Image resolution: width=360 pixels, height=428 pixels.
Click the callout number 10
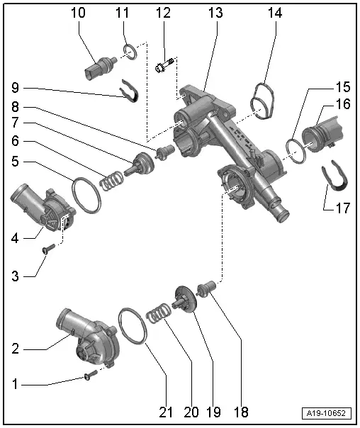[78, 13]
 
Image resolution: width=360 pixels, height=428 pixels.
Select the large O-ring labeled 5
[86, 195]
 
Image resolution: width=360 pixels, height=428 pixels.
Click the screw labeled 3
[49, 249]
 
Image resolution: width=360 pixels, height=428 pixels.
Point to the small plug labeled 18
[208, 289]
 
